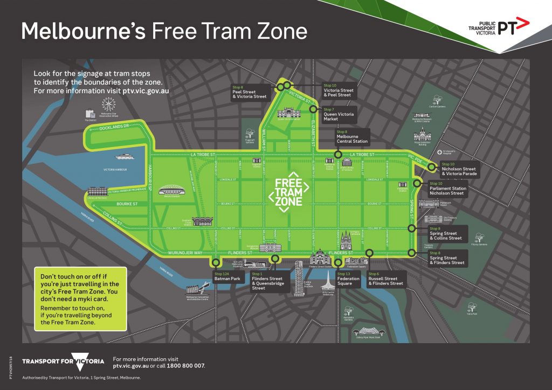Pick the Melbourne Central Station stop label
point(352,137)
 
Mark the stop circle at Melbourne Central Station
point(338,155)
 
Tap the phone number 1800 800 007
point(188,366)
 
